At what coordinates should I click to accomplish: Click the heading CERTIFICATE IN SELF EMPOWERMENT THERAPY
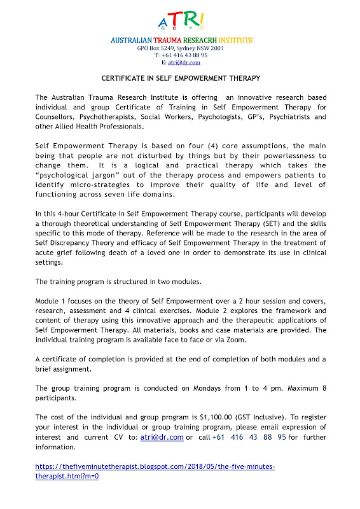pos(180,78)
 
